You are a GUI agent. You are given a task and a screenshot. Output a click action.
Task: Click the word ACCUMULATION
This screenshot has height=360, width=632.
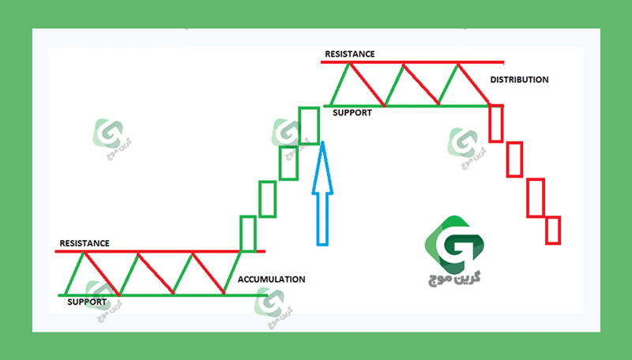click(x=271, y=279)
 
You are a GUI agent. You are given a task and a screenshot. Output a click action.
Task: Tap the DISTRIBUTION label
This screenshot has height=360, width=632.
click(x=519, y=80)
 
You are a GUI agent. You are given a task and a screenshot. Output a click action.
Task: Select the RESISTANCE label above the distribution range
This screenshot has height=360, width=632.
click(x=350, y=54)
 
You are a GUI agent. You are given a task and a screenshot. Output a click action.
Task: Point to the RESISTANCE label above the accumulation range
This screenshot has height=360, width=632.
click(x=85, y=243)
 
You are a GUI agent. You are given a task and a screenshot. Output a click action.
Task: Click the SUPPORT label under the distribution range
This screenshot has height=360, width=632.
click(x=352, y=113)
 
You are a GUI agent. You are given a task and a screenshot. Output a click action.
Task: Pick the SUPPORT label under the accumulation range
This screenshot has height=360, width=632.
click(x=87, y=302)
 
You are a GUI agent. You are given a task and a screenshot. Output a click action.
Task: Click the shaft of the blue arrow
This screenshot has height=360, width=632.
click(x=322, y=219)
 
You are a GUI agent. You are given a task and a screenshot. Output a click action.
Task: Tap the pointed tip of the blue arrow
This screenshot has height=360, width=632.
click(x=322, y=142)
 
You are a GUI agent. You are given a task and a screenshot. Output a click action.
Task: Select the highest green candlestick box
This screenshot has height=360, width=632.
click(x=309, y=126)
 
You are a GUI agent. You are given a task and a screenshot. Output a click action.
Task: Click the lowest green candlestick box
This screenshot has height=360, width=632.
click(x=248, y=234)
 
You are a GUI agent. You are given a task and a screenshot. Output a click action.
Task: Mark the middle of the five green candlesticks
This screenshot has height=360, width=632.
click(x=267, y=199)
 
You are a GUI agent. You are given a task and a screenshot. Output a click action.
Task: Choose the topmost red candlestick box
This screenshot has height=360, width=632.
click(x=496, y=123)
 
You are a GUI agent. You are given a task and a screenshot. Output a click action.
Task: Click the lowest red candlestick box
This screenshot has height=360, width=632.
click(x=553, y=231)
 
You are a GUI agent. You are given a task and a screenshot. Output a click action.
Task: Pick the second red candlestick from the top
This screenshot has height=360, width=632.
click(x=514, y=159)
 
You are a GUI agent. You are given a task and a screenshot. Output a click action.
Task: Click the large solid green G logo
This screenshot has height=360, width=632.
click(x=454, y=245)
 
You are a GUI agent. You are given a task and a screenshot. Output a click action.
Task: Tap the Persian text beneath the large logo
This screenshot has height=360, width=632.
click(x=454, y=279)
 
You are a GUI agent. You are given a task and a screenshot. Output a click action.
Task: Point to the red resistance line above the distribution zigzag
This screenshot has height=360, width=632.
click(x=412, y=62)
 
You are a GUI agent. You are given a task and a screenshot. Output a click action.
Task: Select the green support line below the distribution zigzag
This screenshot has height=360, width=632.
click(x=414, y=106)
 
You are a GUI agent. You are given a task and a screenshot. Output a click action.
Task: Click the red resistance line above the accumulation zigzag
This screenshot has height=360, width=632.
click(x=160, y=252)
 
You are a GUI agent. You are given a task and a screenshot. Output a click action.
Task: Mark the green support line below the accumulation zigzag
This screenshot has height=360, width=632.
click(x=163, y=295)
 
